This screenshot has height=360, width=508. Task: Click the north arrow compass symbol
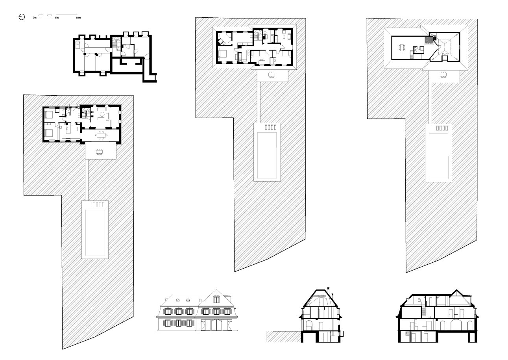click(x=22, y=17)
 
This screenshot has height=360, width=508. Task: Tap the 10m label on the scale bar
click(x=78, y=18)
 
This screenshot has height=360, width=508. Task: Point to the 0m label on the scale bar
click(x=35, y=18)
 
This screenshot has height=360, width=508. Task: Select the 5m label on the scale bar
click(x=57, y=18)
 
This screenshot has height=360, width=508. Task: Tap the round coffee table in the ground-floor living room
click(x=102, y=114)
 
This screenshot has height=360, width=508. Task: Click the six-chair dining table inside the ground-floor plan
click(x=102, y=135)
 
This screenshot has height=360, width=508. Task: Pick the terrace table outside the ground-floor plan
click(x=99, y=152)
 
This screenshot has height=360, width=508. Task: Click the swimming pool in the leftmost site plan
click(x=95, y=233)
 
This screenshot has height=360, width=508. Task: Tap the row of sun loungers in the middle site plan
click(x=271, y=127)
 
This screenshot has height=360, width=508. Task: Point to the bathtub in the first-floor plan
click(x=272, y=39)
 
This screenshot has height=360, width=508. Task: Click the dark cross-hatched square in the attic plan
click(x=429, y=40)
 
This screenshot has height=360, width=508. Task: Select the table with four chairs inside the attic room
click(x=402, y=48)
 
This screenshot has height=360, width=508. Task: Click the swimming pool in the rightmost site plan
click(x=438, y=156)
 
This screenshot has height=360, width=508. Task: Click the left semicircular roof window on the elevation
click(x=178, y=300)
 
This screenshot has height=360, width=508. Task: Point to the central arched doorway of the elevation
click(x=216, y=325)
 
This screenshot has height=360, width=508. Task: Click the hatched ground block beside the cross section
click(x=284, y=336)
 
